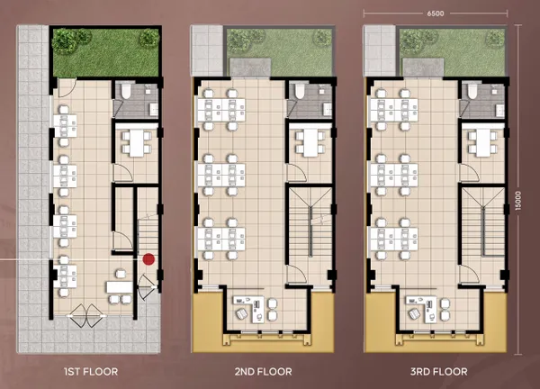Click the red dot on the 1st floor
coord(148,259)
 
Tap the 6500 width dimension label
coord(436,14)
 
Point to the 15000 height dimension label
coord(518,200)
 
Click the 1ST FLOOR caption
coord(91,372)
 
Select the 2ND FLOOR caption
coord(264,372)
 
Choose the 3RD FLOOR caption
coord(439,372)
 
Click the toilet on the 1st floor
coord(125,91)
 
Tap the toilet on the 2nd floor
coord(300,91)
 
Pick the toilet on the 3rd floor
coord(472,91)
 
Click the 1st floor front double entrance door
coord(86,315)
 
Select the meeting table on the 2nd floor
coord(310,142)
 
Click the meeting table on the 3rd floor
coord(482,142)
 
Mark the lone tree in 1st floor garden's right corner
coord(149,38)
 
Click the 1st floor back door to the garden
coord(67,88)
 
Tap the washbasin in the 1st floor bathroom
coord(154,110)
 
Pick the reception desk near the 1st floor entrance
coord(120,286)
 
